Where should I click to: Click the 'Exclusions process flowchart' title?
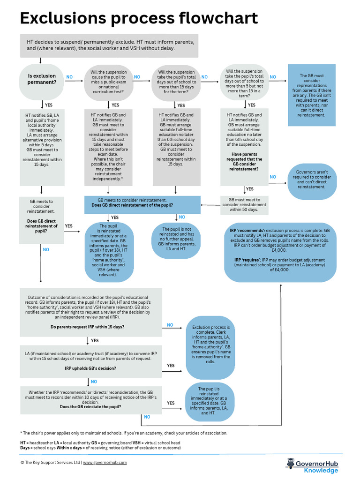point(138,18)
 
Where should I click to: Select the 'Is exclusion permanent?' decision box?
point(42,79)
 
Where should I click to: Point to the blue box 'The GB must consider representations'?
point(312,95)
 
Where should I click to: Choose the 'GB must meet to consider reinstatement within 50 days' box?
point(244,205)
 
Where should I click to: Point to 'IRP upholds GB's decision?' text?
point(90,368)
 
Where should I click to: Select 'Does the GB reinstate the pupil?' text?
point(90,407)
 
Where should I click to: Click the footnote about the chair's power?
point(124,433)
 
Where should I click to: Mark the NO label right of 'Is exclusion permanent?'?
point(69,77)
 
